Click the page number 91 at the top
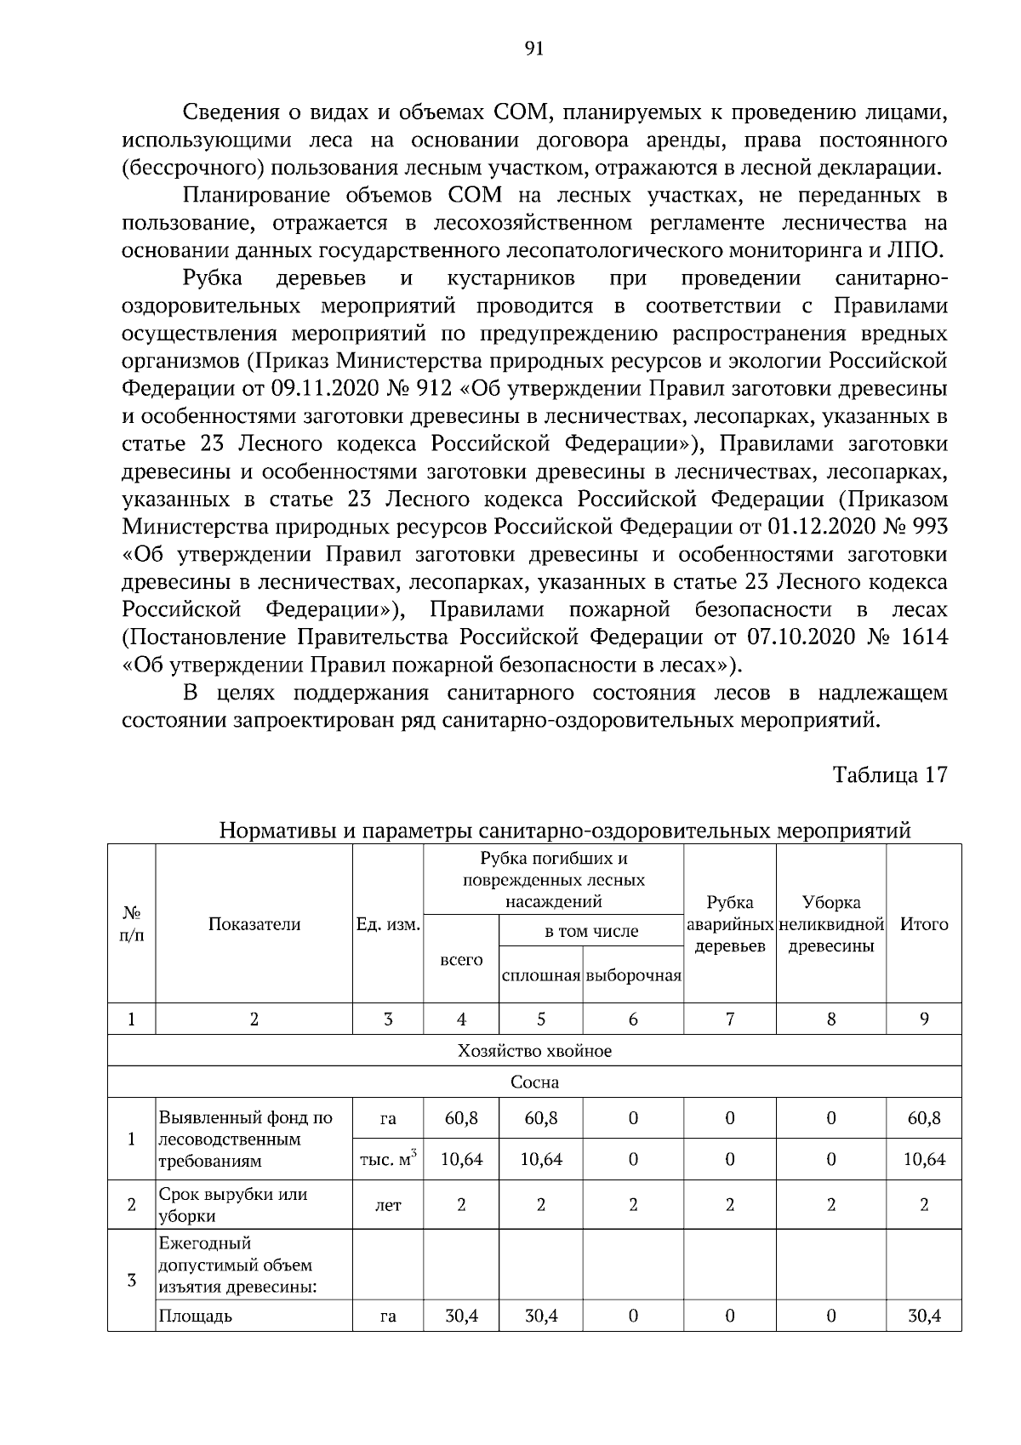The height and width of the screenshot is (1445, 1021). [534, 49]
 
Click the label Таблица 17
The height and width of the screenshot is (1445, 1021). [889, 775]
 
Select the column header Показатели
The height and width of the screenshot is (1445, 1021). [254, 925]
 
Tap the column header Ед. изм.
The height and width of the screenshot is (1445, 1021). [388, 925]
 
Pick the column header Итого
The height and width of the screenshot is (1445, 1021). [924, 925]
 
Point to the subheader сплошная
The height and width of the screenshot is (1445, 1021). [541, 976]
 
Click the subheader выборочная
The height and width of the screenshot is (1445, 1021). [634, 976]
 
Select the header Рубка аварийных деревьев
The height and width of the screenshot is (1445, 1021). [729, 925]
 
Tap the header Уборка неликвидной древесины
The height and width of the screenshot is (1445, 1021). [831, 925]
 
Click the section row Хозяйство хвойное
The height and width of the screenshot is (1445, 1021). [534, 1051]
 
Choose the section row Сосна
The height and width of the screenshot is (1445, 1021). [534, 1083]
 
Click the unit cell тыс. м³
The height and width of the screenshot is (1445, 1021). [388, 1159]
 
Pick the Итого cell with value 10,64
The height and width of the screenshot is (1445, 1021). [924, 1160]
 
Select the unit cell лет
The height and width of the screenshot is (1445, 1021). [388, 1206]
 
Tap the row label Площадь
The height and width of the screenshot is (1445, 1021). [195, 1316]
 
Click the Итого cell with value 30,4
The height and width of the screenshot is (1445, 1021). [924, 1316]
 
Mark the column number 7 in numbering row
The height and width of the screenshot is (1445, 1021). [729, 1019]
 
